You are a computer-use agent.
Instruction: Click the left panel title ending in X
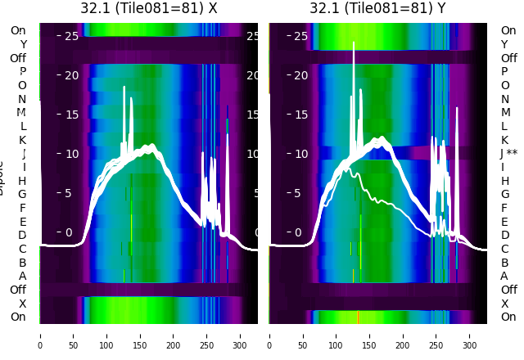(149, 8)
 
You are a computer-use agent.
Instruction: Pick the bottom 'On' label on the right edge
(508, 317)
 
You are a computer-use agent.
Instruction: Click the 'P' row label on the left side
(23, 72)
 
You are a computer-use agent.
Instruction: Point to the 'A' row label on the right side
(504, 276)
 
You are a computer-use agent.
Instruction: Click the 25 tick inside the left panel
(70, 36)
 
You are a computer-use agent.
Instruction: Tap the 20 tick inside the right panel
(300, 75)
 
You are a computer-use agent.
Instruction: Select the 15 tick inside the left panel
(70, 115)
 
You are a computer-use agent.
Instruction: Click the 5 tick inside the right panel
(300, 193)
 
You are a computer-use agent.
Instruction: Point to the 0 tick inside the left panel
(69, 232)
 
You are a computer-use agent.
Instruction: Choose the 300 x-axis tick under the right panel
(470, 335)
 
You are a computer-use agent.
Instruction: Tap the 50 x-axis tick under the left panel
(73, 335)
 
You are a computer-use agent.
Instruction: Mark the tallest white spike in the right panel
(354, 43)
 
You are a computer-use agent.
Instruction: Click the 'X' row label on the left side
(23, 304)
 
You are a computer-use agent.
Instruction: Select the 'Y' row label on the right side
(504, 44)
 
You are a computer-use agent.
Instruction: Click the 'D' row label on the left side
(23, 236)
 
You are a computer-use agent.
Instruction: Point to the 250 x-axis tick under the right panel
(436, 335)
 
